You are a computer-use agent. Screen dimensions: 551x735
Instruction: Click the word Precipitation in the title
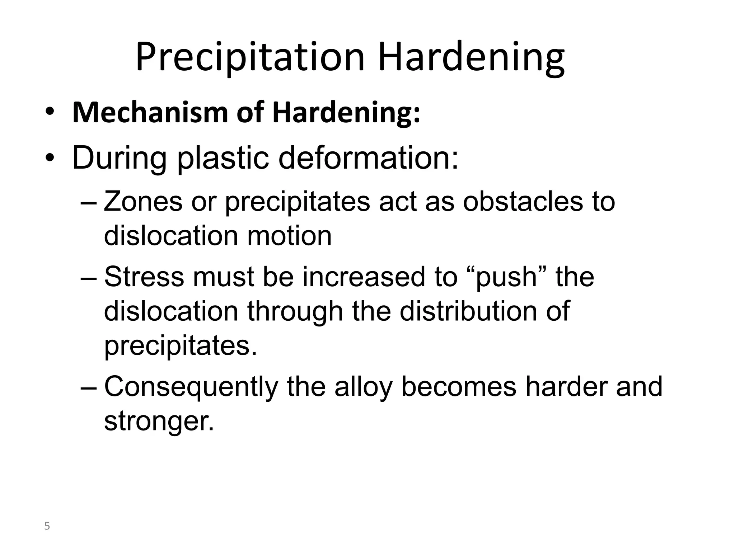coord(250,57)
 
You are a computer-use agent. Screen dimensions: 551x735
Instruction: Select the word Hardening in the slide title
coord(471,57)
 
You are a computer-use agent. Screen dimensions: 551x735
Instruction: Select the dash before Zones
coord(89,203)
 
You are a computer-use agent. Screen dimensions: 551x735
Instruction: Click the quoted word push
coord(506,277)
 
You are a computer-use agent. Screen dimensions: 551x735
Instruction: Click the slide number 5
coord(47,526)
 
